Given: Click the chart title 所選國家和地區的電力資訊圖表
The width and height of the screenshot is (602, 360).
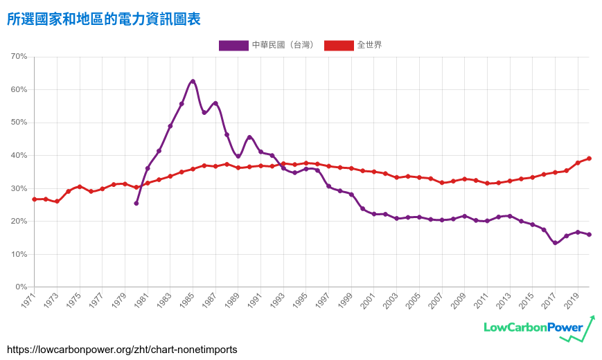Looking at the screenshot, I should pyautogui.click(x=104, y=19).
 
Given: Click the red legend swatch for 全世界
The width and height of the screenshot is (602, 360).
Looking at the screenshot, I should pyautogui.click(x=338, y=45).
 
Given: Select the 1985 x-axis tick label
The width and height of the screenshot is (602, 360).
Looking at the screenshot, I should pyautogui.click(x=187, y=300).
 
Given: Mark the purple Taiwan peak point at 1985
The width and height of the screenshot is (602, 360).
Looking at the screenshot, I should pyautogui.click(x=193, y=82).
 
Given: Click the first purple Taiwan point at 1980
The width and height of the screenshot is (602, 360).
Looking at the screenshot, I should pyautogui.click(x=136, y=203).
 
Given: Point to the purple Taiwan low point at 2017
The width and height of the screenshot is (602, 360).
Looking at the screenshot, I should pyautogui.click(x=555, y=243).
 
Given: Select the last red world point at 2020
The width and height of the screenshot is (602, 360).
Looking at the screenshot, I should pyautogui.click(x=589, y=159).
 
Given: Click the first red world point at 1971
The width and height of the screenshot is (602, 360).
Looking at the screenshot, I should pyautogui.click(x=34, y=199).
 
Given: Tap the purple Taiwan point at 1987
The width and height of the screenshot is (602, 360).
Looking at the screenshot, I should pyautogui.click(x=215, y=104).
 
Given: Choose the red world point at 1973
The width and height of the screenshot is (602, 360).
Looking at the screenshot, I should pyautogui.click(x=57, y=201).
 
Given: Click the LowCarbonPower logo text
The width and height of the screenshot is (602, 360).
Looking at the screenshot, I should pyautogui.click(x=533, y=327).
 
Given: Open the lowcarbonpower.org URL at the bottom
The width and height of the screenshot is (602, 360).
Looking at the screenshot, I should pyautogui.click(x=122, y=350).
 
